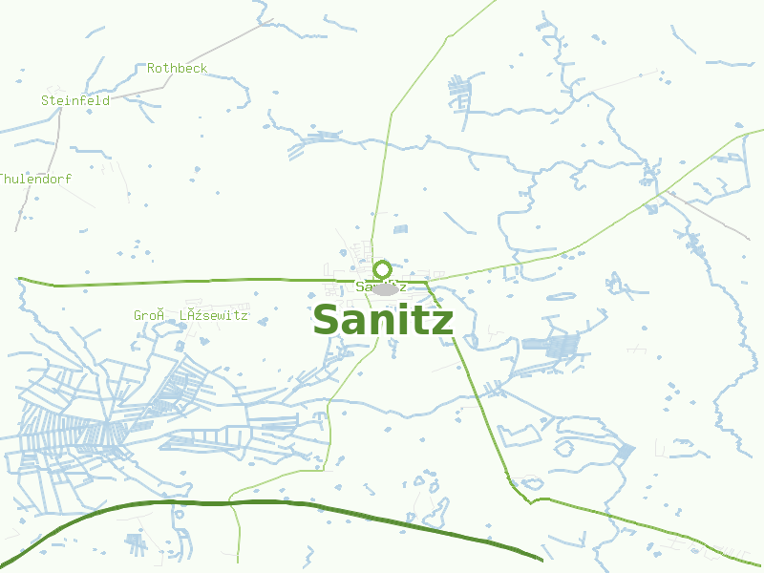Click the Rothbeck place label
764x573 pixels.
(x=177, y=69)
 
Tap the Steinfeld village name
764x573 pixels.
(x=74, y=100)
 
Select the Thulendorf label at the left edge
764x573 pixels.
(x=35, y=179)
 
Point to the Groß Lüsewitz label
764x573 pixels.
(x=190, y=315)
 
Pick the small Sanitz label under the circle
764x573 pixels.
(x=381, y=286)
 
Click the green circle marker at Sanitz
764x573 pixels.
(x=382, y=269)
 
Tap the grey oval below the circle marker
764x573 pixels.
(x=384, y=289)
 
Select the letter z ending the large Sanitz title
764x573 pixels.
(x=442, y=323)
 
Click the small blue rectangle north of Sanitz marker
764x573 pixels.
(x=400, y=229)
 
